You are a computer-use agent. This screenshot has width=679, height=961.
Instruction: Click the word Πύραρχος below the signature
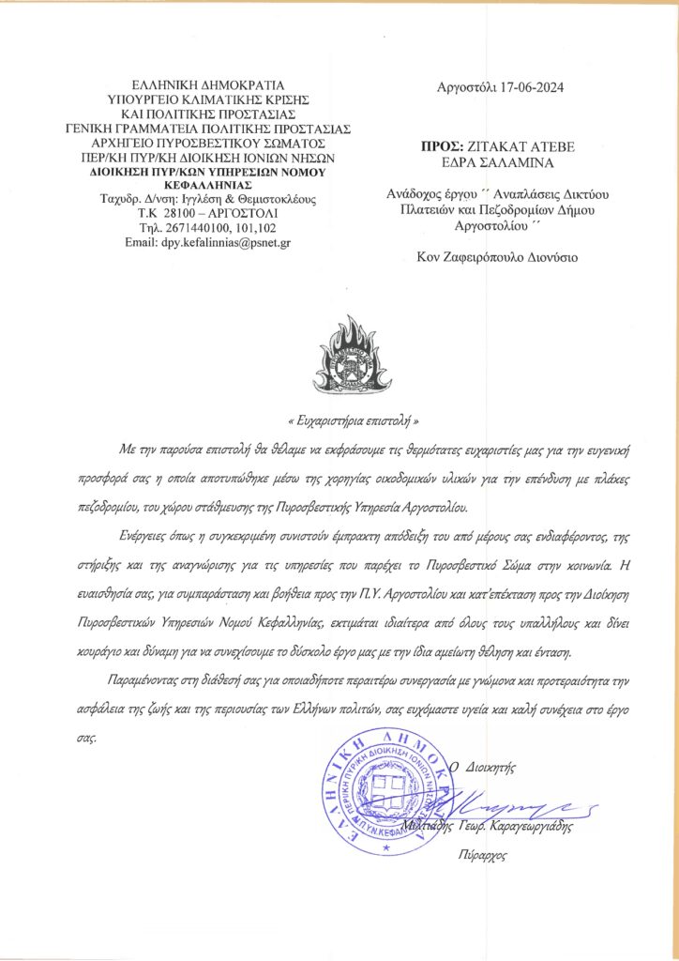click(482, 856)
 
